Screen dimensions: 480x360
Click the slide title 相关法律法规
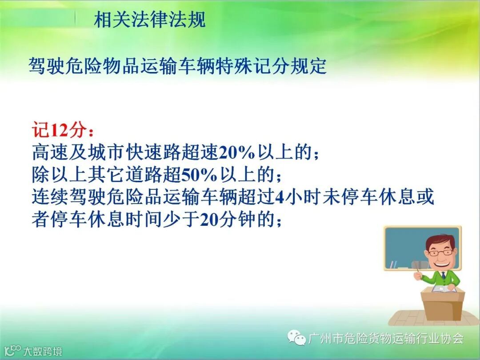click(150, 20)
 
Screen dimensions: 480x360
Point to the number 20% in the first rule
click(236, 152)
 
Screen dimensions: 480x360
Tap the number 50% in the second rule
click(199, 175)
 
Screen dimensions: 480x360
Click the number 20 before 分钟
click(210, 220)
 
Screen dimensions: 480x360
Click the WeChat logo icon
click(296, 338)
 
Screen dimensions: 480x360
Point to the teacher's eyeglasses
click(440, 253)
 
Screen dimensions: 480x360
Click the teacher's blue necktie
click(443, 275)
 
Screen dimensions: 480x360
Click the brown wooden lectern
click(443, 305)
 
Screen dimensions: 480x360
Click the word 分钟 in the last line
click(237, 220)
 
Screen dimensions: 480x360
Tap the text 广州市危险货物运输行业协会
click(386, 338)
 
